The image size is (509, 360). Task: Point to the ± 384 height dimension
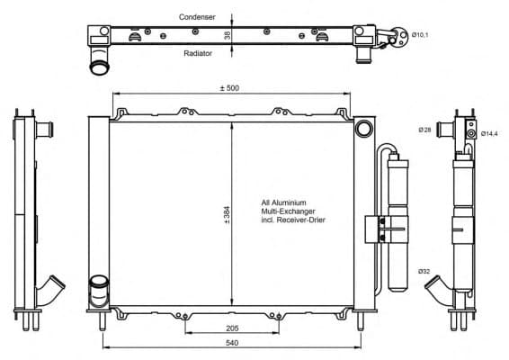click(x=227, y=216)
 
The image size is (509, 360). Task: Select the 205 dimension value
click(x=231, y=328)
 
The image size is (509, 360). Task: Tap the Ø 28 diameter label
click(x=425, y=130)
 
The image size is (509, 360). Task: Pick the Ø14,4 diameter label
click(x=489, y=134)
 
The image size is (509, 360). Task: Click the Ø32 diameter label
click(x=423, y=271)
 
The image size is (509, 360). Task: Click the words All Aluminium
click(x=284, y=202)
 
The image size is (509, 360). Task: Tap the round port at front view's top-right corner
click(x=363, y=129)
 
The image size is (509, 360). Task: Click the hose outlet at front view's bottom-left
click(x=97, y=292)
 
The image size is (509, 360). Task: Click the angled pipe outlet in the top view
click(x=96, y=63)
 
